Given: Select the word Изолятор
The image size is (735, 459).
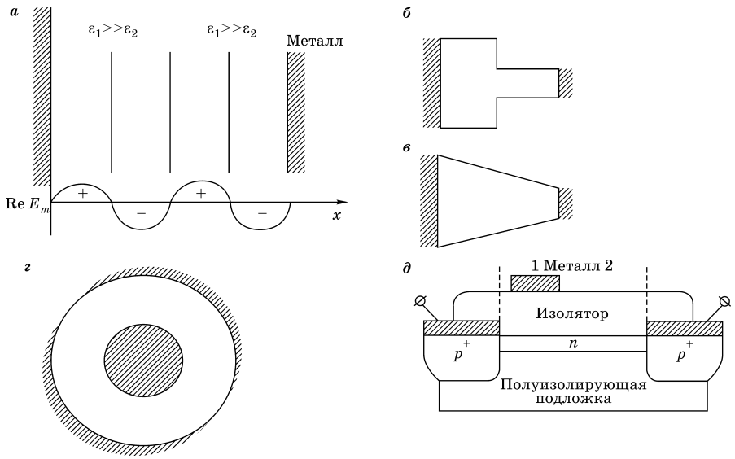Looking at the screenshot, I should (x=571, y=313).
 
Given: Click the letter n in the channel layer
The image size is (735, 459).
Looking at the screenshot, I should (x=572, y=343).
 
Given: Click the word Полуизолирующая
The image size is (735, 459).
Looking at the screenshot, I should (x=573, y=384).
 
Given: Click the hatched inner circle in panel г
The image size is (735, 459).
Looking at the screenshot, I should (x=143, y=361).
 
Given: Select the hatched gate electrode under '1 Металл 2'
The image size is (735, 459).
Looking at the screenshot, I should (x=535, y=283).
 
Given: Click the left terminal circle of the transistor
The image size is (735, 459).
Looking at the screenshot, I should (x=420, y=300).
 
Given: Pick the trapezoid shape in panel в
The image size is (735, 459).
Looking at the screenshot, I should (x=497, y=201).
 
